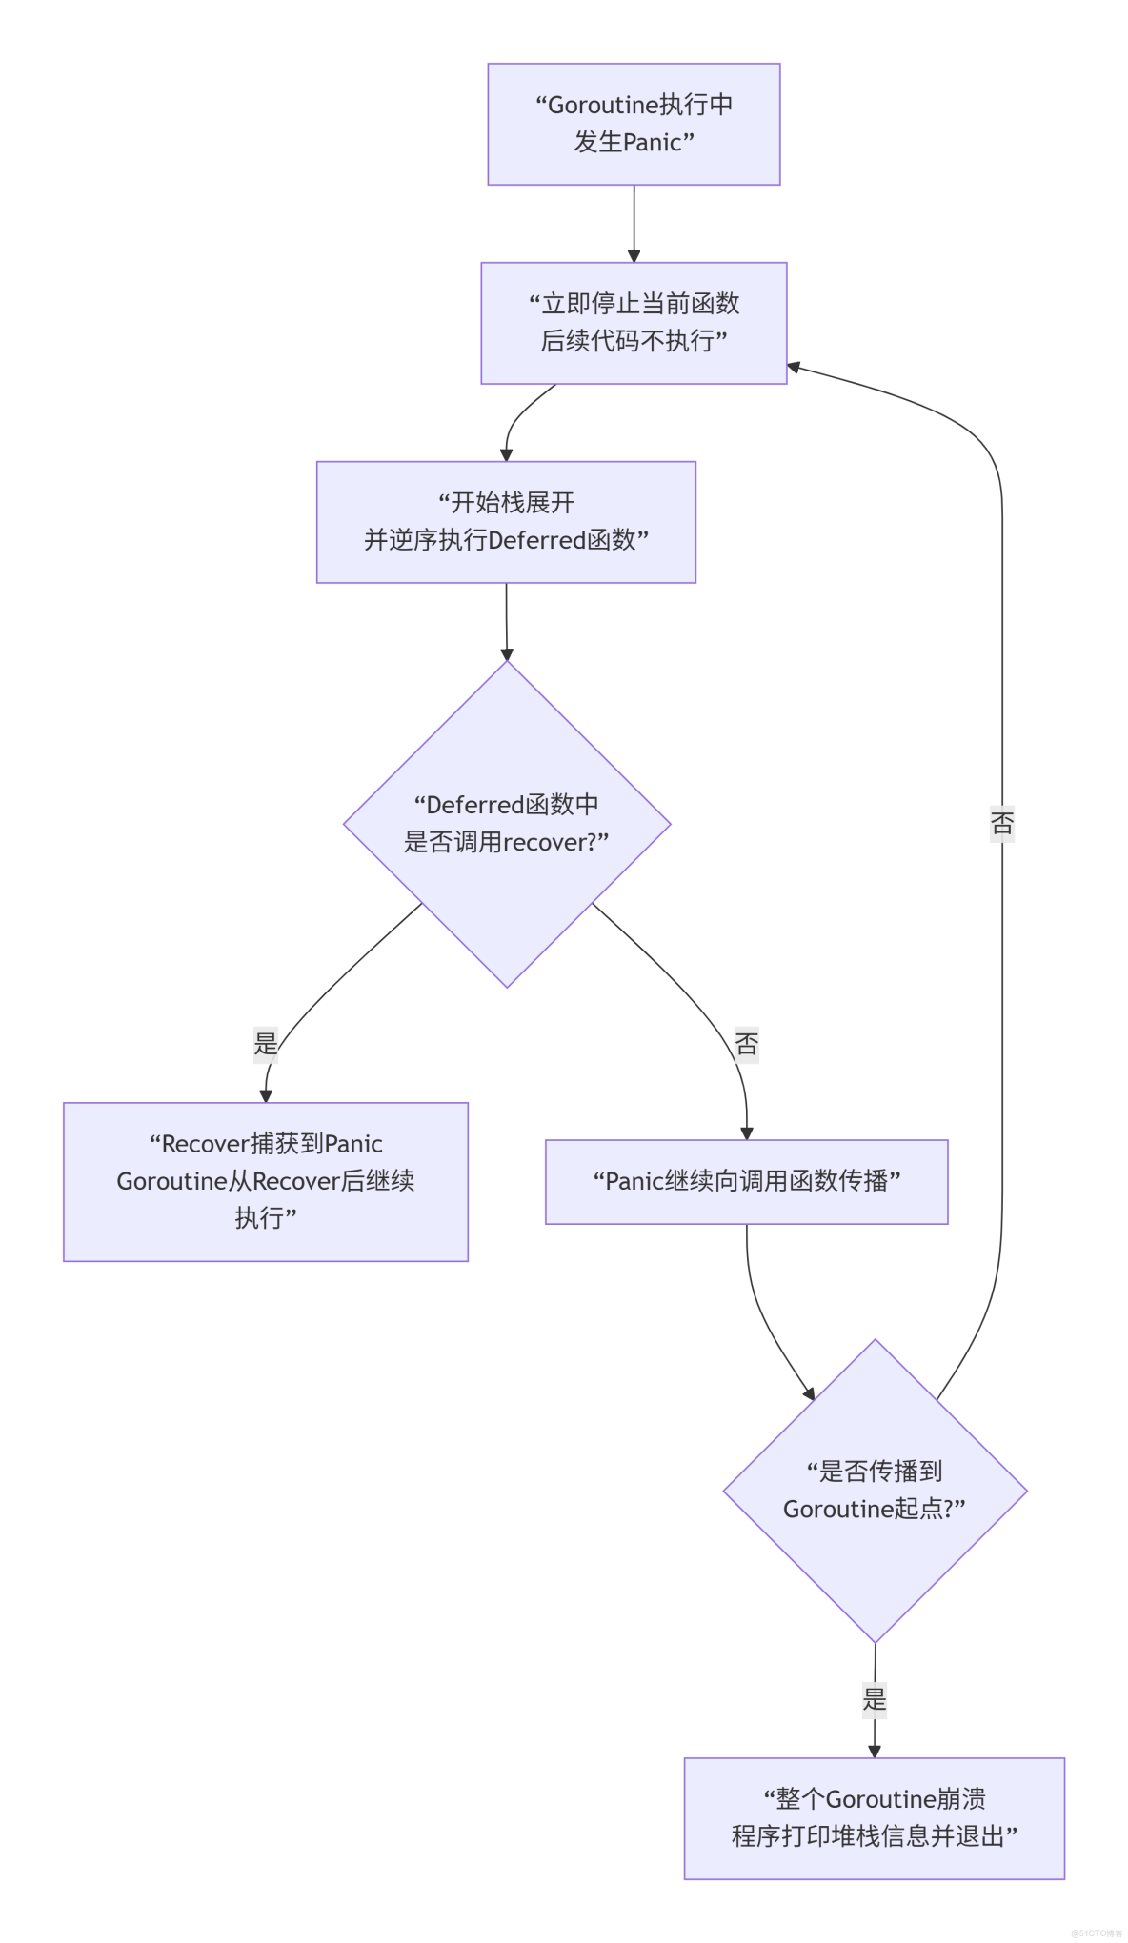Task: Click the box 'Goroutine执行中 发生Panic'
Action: [634, 124]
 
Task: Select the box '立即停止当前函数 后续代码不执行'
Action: [634, 323]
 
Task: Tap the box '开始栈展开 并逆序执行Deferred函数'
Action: [506, 522]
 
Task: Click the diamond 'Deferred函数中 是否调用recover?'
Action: [507, 824]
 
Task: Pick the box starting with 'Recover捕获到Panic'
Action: [266, 1181]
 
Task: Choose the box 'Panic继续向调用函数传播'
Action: [746, 1181]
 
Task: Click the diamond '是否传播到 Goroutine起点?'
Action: [875, 1491]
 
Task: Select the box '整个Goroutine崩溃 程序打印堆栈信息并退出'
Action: [874, 1817]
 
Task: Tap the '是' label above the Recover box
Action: [266, 1044]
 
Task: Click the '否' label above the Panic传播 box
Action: [747, 1044]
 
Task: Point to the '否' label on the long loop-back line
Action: [1002, 822]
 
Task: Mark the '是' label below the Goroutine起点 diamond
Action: [875, 1698]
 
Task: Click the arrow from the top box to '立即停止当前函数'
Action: [634, 224]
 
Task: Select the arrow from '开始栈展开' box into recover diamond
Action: [506, 621]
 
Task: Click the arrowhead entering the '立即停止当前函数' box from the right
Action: [794, 367]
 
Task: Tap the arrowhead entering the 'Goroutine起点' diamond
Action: [810, 1393]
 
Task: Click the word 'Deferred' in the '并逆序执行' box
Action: [537, 541]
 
